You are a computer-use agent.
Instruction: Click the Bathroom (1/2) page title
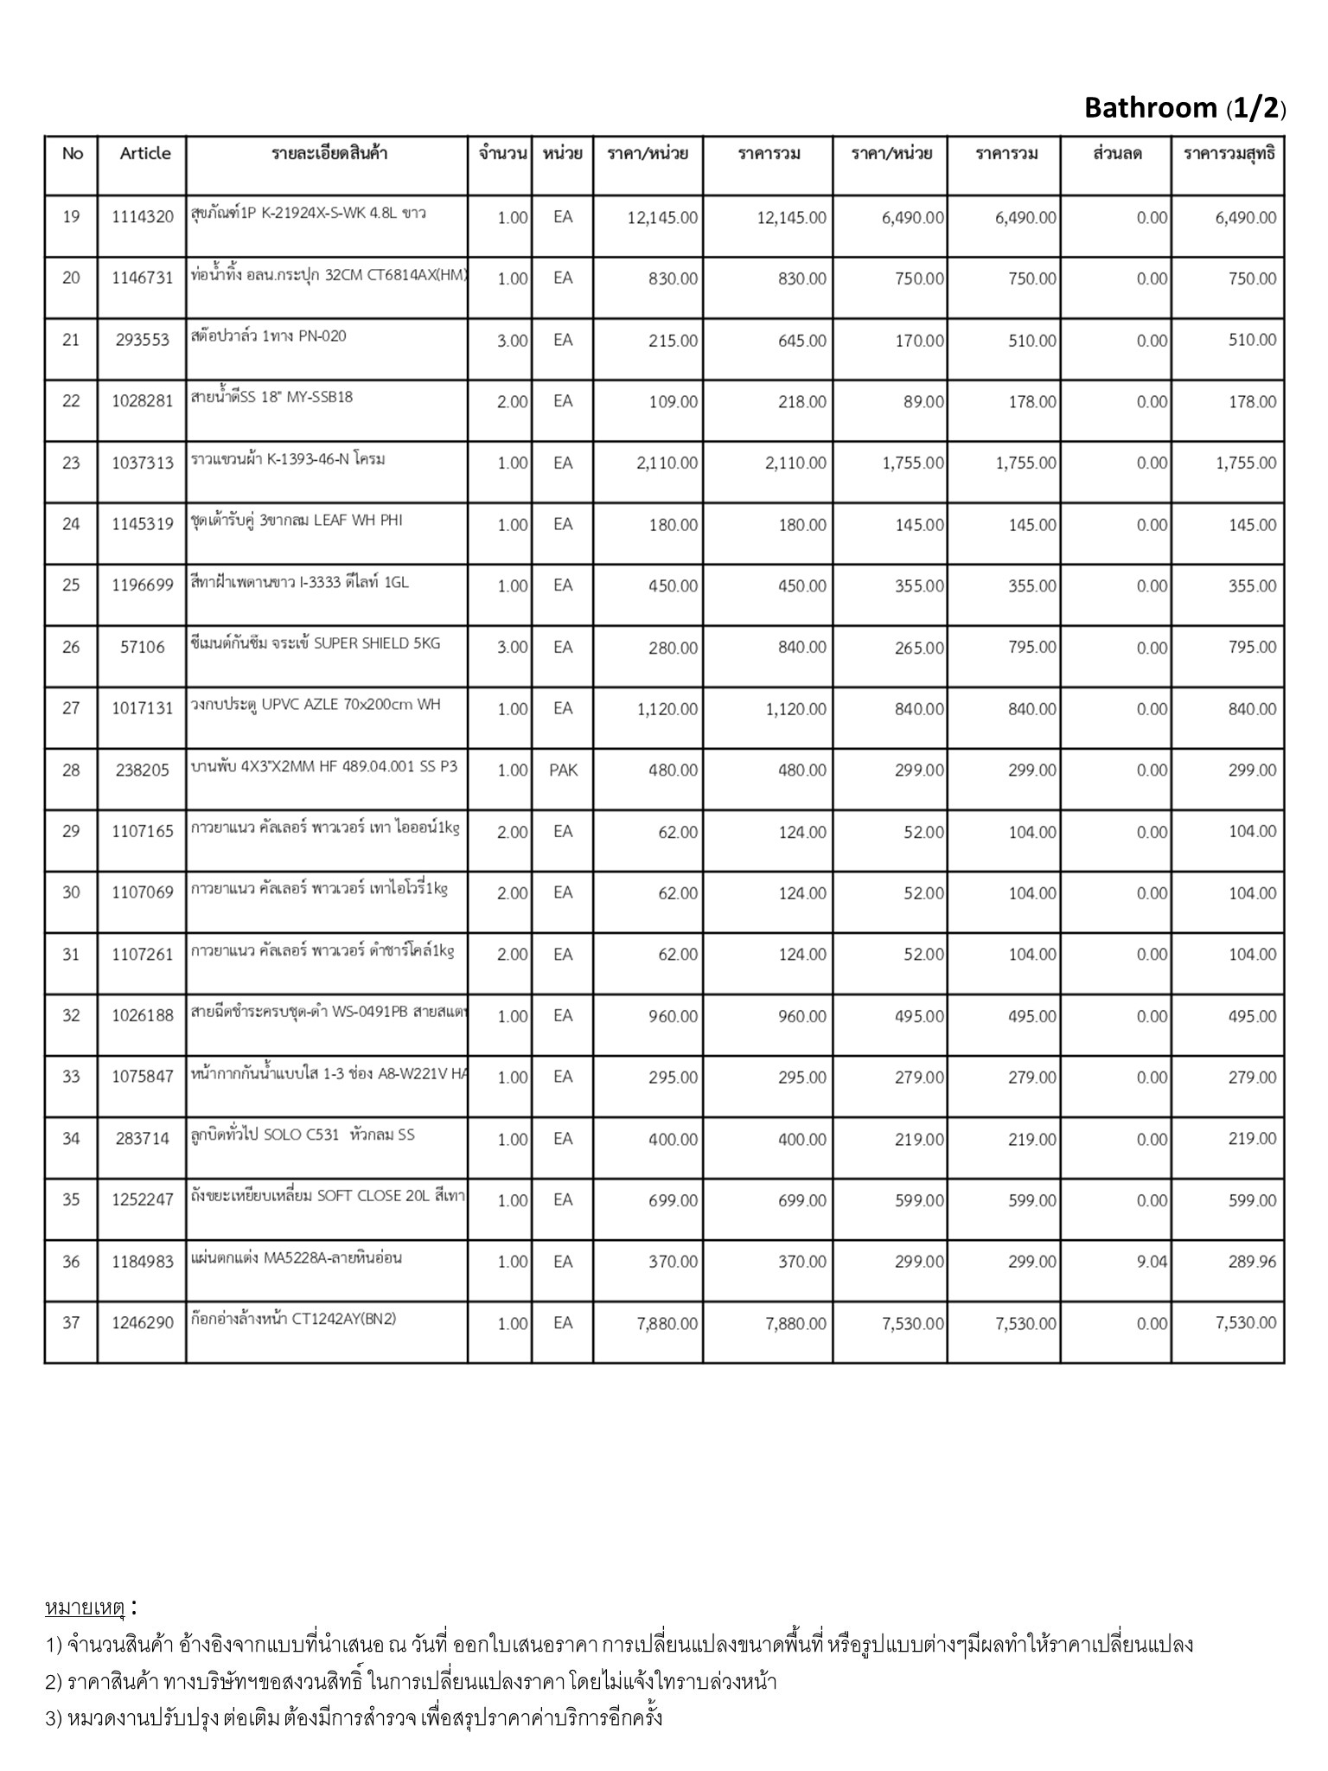click(1184, 108)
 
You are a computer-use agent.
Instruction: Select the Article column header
click(144, 154)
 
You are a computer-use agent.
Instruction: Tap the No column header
click(73, 154)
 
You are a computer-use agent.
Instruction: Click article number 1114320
click(143, 217)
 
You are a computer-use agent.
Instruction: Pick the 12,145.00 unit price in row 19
click(662, 218)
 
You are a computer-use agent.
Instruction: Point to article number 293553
click(143, 340)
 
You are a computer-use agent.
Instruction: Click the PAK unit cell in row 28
click(563, 770)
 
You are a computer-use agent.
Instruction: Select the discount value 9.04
click(1152, 1262)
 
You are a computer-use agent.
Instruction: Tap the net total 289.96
click(1252, 1262)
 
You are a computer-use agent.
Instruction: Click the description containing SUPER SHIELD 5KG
click(316, 643)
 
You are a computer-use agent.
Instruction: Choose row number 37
click(71, 1322)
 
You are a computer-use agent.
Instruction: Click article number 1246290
click(143, 1323)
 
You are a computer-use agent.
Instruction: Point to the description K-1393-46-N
click(288, 459)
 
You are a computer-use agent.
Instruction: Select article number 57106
click(143, 647)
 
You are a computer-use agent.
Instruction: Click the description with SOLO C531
click(303, 1135)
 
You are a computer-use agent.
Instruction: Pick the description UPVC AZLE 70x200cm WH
click(316, 705)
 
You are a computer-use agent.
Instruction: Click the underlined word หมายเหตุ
click(85, 1608)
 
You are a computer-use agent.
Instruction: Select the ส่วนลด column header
click(1117, 154)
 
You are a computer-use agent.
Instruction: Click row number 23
click(71, 463)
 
